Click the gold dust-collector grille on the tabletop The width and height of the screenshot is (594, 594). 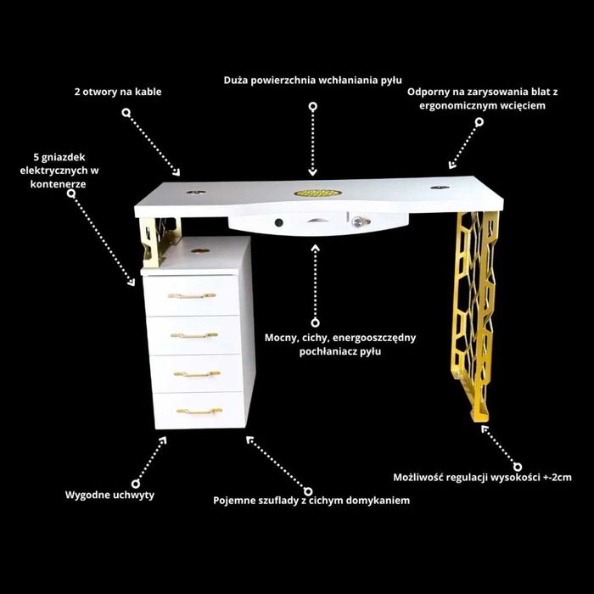317,193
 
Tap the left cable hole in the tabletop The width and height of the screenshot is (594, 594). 196,192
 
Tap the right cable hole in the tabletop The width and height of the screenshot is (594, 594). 440,188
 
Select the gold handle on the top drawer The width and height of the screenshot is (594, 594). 192,295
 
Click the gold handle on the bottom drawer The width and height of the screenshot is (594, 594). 199,411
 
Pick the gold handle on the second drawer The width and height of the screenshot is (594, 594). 194,335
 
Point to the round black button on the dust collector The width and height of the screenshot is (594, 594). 279,222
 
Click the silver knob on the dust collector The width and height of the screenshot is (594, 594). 356,221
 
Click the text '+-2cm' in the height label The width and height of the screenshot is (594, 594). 558,477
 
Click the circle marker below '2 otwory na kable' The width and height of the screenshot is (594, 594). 126,113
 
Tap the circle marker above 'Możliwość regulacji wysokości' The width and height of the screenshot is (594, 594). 518,467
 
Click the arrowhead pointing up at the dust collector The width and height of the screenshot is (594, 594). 315,248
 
